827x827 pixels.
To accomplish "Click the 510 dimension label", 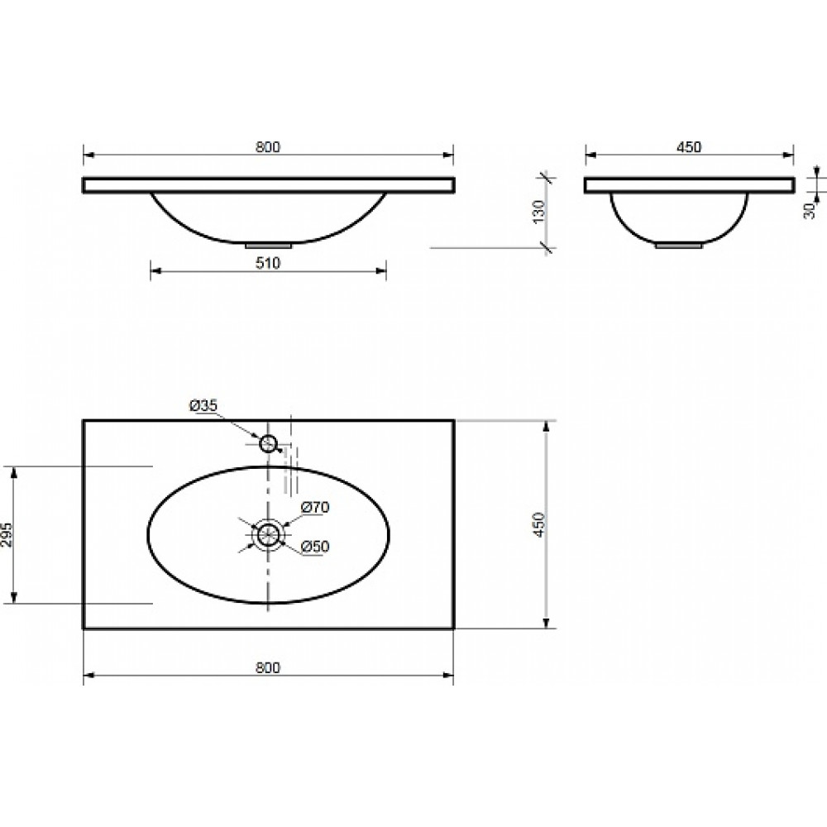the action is (x=268, y=263).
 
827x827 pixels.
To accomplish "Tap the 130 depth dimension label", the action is (x=538, y=211).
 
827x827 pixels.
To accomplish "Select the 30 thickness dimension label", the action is (x=810, y=211).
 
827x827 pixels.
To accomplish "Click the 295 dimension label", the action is (x=7, y=535).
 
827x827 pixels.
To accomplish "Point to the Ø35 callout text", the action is (x=203, y=405).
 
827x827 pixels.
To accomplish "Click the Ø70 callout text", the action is (x=315, y=508).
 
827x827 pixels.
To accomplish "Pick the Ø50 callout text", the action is (x=315, y=547).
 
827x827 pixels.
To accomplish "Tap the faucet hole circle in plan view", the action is (x=269, y=443).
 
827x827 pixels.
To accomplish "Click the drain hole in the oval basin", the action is (x=269, y=535).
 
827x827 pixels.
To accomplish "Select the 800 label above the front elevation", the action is (x=268, y=146).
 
